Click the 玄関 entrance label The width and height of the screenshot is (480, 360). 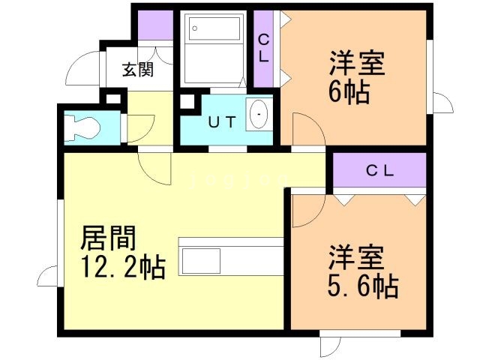click(138, 70)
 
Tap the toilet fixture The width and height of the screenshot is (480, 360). click(82, 128)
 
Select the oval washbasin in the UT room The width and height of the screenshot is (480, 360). click(259, 114)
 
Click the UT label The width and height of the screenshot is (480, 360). click(223, 122)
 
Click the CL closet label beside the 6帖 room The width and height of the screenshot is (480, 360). click(263, 48)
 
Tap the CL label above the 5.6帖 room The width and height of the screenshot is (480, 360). click(380, 171)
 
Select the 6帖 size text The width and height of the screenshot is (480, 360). click(349, 92)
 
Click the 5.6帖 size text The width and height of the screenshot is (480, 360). click(363, 286)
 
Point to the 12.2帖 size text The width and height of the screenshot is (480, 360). click(123, 267)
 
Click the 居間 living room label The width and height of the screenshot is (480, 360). click(108, 238)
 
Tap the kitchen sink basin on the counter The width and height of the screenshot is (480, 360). click(201, 261)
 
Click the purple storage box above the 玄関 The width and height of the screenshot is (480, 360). click(155, 25)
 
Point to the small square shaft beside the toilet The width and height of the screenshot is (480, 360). click(113, 99)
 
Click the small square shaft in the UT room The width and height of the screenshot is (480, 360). click(187, 101)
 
